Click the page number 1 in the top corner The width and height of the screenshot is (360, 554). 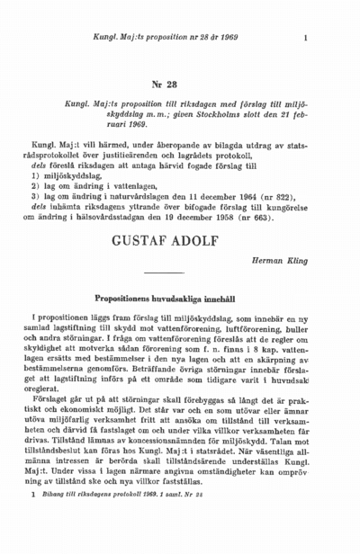[307, 38]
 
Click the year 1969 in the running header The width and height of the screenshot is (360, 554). [226, 38]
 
